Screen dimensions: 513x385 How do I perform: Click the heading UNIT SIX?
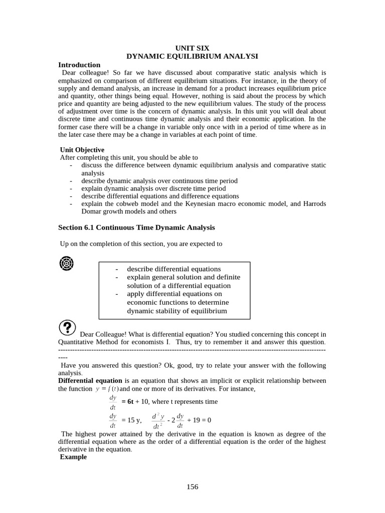[192, 48]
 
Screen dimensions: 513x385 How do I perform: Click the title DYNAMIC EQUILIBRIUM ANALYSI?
[192, 57]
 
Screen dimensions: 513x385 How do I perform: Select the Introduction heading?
[79, 65]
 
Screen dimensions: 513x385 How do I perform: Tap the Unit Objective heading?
[82, 150]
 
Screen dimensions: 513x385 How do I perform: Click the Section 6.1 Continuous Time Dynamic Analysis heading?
[136, 227]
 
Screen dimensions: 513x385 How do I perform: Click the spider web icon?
[67, 263]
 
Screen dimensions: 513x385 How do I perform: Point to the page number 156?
[192, 487]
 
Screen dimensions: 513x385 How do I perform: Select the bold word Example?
[73, 457]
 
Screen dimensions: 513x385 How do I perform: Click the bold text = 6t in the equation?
[127, 402]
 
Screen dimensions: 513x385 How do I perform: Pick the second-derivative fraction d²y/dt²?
[159, 420]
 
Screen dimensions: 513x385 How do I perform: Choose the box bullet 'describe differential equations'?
[173, 269]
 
